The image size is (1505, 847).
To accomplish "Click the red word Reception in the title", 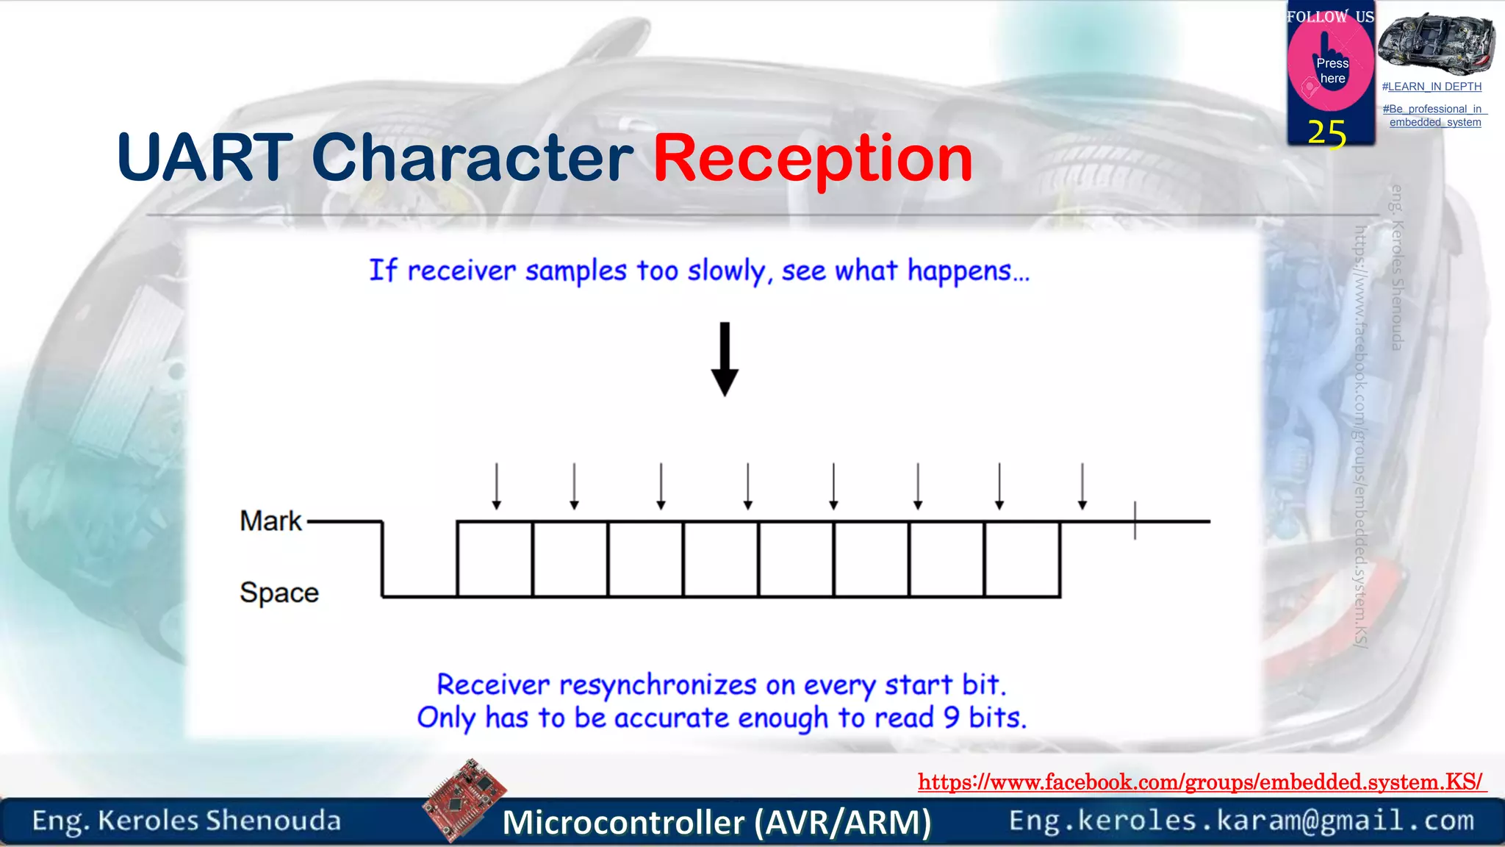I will click(x=813, y=159).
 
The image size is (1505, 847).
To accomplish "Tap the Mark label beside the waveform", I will click(x=270, y=521).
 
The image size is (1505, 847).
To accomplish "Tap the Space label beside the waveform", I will click(x=279, y=593).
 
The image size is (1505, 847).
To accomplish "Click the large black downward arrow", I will click(x=725, y=360).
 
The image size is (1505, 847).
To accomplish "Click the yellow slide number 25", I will click(x=1326, y=134).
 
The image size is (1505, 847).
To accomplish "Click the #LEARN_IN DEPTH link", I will click(x=1432, y=87).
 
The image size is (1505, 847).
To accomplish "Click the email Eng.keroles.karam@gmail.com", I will click(x=1241, y=821).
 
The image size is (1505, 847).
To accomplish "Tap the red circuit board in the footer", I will click(x=464, y=801).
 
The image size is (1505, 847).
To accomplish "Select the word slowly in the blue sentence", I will click(x=728, y=272).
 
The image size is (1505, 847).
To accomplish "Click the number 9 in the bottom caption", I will click(x=952, y=718).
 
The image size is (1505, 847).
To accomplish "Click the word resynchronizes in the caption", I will click(x=658, y=685).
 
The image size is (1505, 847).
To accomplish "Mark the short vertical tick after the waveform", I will click(x=1135, y=521).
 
